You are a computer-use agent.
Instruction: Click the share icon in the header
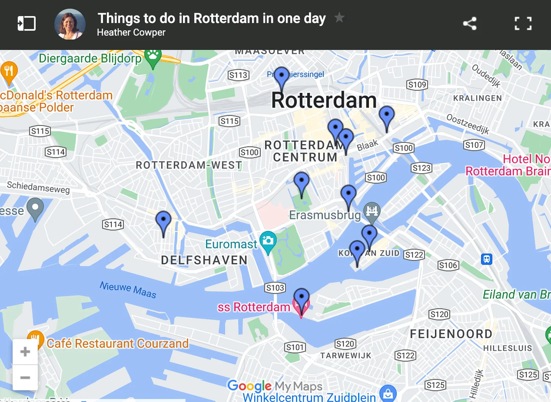(470, 24)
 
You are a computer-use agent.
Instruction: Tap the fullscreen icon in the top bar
(523, 24)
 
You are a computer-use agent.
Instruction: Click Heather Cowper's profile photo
(70, 24)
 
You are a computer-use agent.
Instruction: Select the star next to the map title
(339, 17)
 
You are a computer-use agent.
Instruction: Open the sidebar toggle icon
(27, 24)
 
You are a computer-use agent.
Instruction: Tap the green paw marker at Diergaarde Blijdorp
(153, 57)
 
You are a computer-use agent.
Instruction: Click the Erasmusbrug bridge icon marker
(372, 211)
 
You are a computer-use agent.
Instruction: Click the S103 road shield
(275, 288)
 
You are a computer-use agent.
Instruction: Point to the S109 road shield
(417, 85)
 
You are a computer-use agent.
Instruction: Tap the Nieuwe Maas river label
(128, 289)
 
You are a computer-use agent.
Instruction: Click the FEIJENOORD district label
(451, 334)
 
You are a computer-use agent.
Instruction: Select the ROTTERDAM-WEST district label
(189, 165)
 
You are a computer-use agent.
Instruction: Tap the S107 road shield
(474, 145)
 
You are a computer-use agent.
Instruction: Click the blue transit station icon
(487, 259)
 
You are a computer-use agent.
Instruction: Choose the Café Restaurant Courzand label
(118, 344)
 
